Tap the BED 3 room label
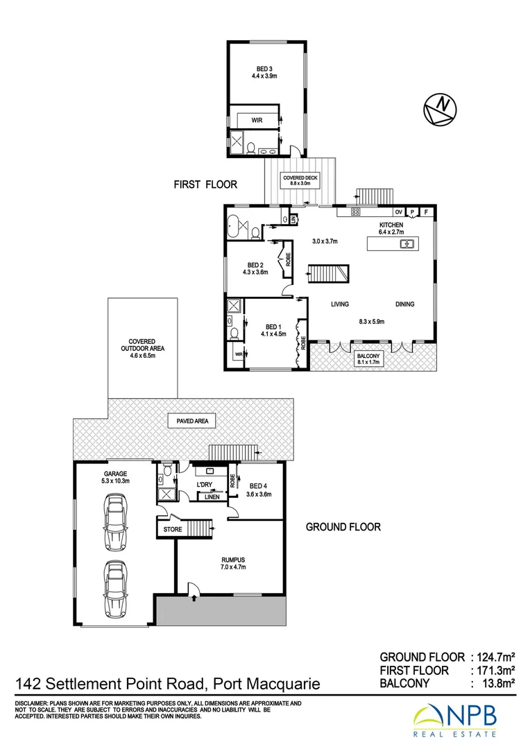(263, 72)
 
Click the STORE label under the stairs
(172, 531)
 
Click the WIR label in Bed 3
(257, 120)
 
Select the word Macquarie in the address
(284, 685)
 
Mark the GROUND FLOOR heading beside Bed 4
(343, 527)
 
